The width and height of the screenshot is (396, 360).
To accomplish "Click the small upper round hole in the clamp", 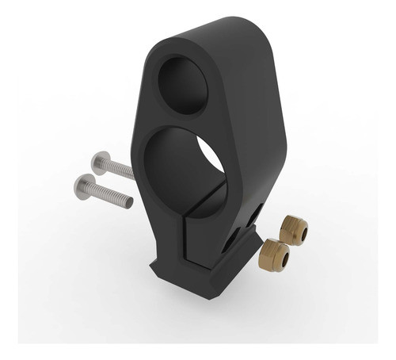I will click(x=185, y=83).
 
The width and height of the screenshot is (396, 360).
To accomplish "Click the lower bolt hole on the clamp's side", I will click(x=230, y=241).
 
